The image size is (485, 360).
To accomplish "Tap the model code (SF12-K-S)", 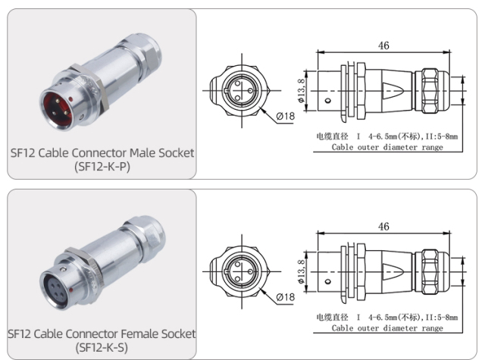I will (102, 347).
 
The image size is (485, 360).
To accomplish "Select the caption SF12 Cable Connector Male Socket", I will (102, 152).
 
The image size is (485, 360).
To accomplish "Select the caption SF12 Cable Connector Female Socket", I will (102, 333).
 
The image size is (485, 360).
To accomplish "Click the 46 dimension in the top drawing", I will (383, 45).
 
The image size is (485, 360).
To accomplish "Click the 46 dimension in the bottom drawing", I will (383, 227).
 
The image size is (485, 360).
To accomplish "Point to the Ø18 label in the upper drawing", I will (286, 116).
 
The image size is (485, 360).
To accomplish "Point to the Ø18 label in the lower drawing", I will (286, 297).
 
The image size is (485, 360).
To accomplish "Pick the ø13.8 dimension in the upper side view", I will (302, 89).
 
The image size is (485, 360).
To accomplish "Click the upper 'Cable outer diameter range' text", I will (387, 147).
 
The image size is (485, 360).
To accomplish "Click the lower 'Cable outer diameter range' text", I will (387, 328).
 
